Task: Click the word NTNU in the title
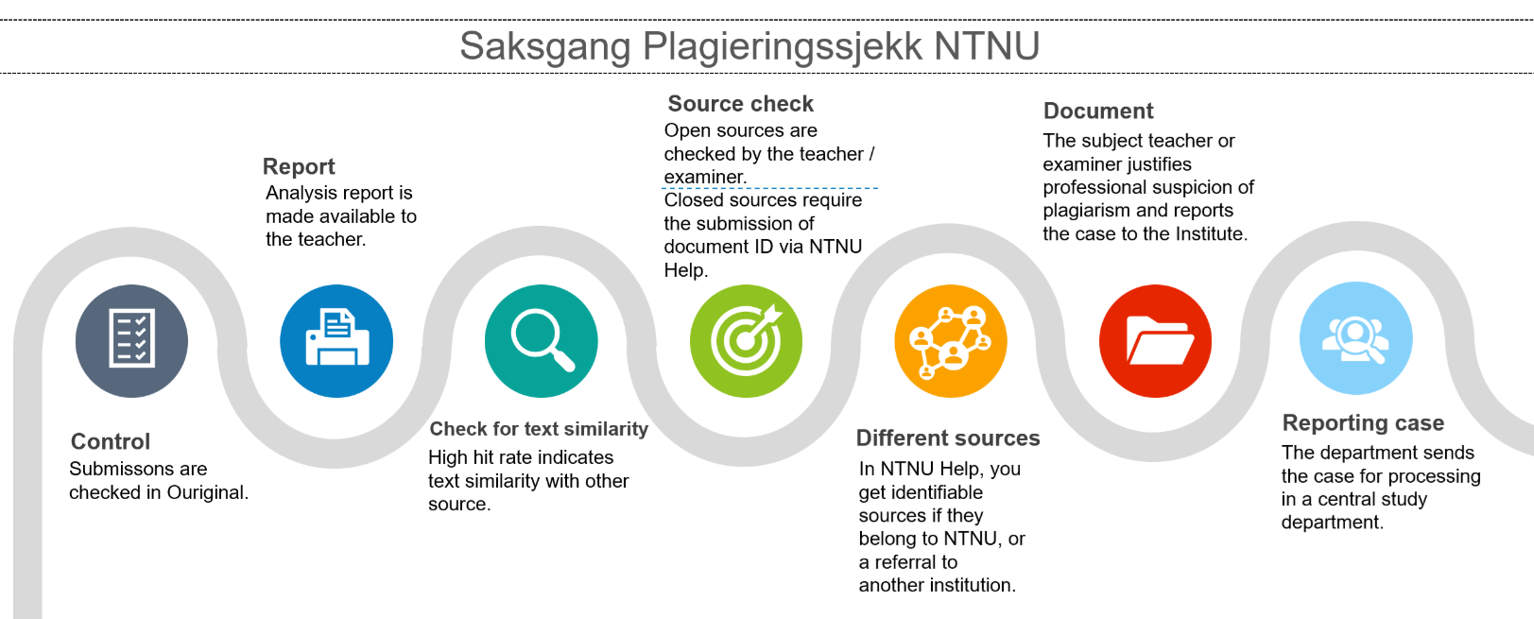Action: [987, 46]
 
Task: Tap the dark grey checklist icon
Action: [131, 340]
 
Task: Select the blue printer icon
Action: [336, 340]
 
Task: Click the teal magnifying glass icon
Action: [541, 340]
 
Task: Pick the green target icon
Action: [746, 340]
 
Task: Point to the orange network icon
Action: [951, 340]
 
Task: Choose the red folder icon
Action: [1155, 340]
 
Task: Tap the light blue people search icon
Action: [1356, 337]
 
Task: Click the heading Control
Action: [111, 441]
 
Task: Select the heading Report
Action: [299, 166]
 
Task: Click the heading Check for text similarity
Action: [538, 429]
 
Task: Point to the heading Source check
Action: [740, 103]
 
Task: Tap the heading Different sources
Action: [948, 438]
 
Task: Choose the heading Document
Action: [1098, 111]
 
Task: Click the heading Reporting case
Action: [1363, 423]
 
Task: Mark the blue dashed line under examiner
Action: [769, 188]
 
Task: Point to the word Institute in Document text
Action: [1211, 234]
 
